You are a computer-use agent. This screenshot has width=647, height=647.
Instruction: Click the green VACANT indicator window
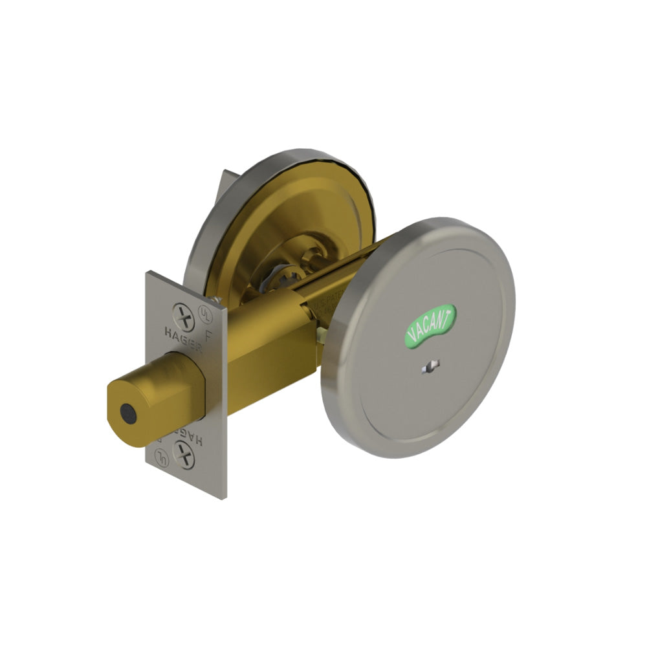(430, 326)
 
